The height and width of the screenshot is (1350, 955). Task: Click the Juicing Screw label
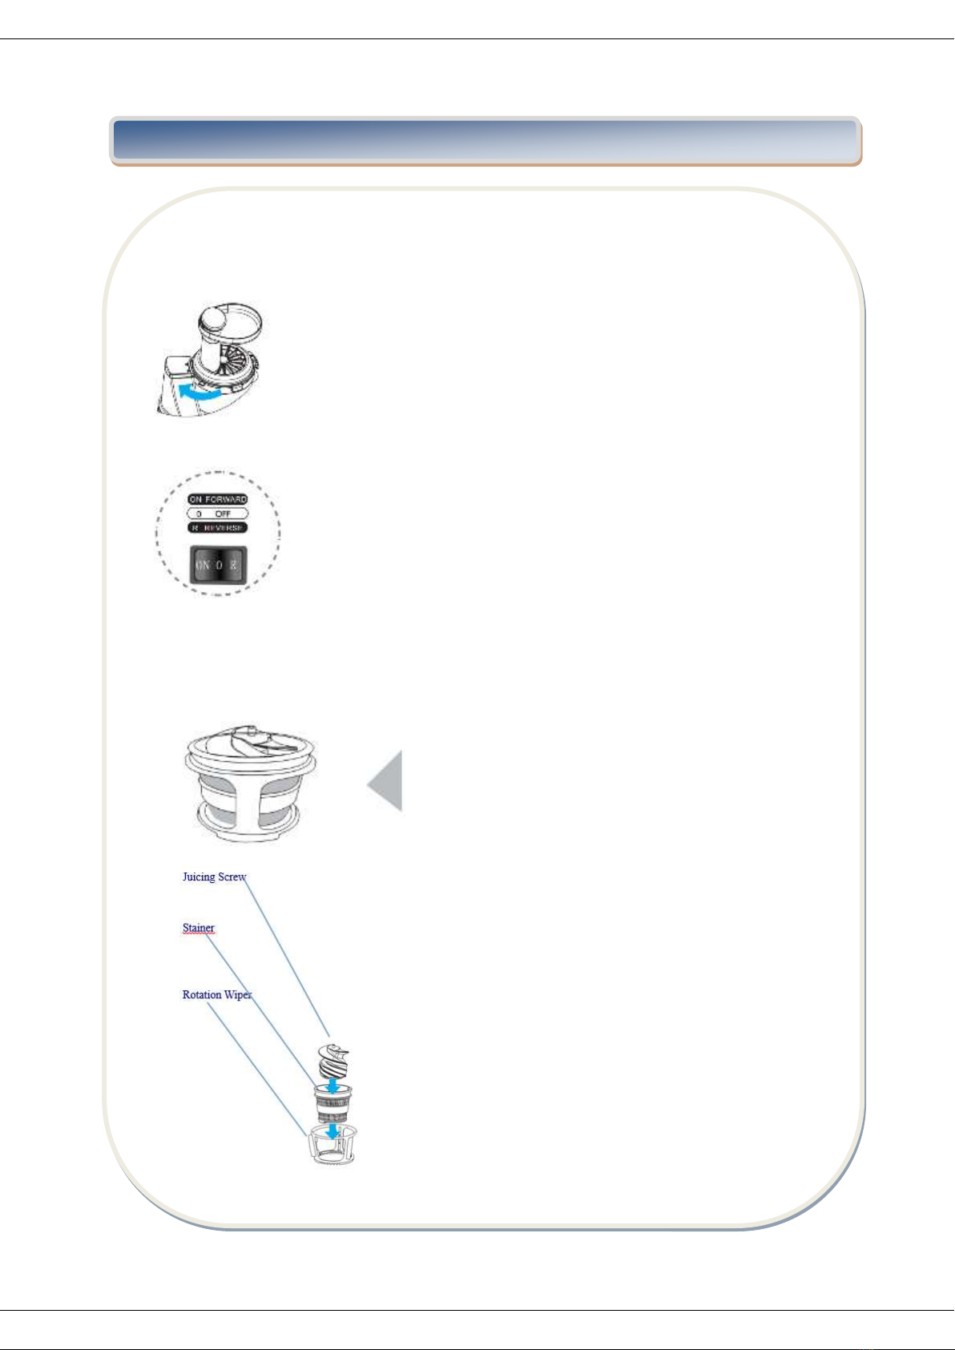[214, 876]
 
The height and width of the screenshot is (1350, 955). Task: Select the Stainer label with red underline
[198, 929]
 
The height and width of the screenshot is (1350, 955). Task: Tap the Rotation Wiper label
[216, 995]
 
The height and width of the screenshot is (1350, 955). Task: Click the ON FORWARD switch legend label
[218, 499]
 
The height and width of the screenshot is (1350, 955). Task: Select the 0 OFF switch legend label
[218, 514]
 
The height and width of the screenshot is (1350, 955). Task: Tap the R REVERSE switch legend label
[218, 528]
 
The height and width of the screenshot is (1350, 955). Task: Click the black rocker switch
[218, 564]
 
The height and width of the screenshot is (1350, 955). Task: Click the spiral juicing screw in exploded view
[334, 1062]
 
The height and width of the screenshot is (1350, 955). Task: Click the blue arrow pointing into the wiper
[331, 1130]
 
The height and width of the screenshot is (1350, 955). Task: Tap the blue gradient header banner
[486, 141]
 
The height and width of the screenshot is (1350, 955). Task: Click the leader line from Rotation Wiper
[256, 1070]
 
